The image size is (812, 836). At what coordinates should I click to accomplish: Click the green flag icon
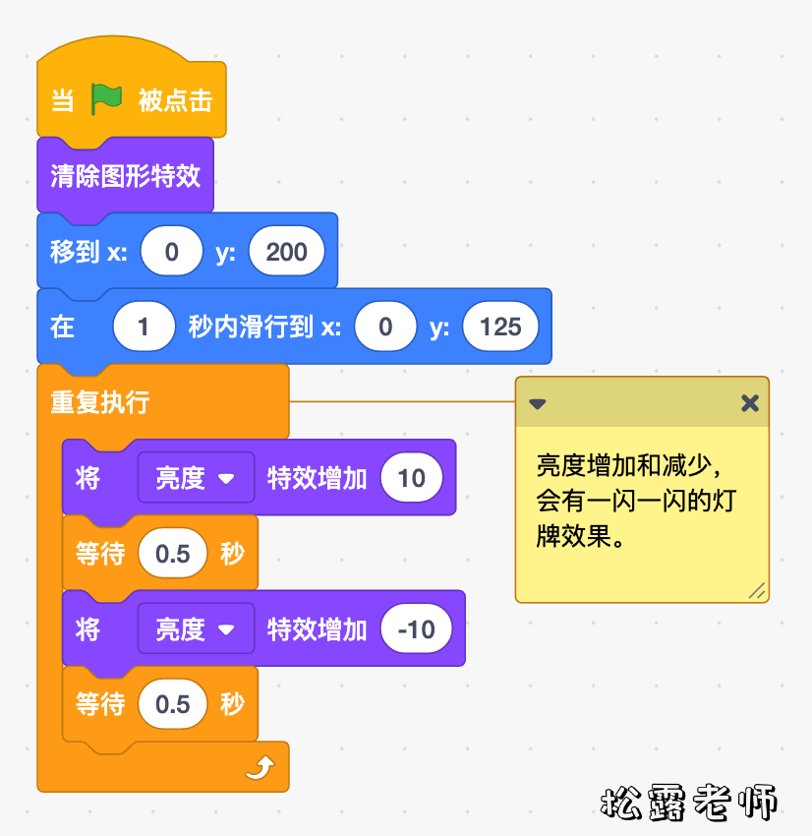click(106, 98)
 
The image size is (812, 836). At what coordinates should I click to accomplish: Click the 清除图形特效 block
click(125, 176)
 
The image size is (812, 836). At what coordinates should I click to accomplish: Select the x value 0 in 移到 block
click(172, 252)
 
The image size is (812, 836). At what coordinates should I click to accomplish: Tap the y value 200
click(286, 252)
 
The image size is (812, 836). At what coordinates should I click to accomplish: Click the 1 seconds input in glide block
click(144, 328)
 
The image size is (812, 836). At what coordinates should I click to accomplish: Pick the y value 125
click(500, 328)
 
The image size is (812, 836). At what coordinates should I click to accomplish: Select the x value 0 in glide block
click(385, 328)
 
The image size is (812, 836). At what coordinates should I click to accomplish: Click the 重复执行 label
click(100, 402)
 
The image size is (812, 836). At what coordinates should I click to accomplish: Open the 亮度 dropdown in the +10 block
click(196, 478)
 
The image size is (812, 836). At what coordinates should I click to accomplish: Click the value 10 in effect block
click(411, 478)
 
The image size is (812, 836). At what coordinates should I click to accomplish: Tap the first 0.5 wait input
click(173, 554)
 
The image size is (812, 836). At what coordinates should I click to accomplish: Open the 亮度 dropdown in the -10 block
click(196, 629)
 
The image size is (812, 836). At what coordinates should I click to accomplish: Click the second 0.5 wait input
click(173, 705)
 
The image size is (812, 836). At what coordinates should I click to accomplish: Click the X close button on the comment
click(750, 403)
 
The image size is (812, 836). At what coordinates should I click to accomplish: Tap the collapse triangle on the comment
click(538, 403)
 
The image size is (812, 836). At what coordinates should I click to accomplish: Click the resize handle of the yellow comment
click(756, 590)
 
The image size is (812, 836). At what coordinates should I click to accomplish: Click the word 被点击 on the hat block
click(175, 100)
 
